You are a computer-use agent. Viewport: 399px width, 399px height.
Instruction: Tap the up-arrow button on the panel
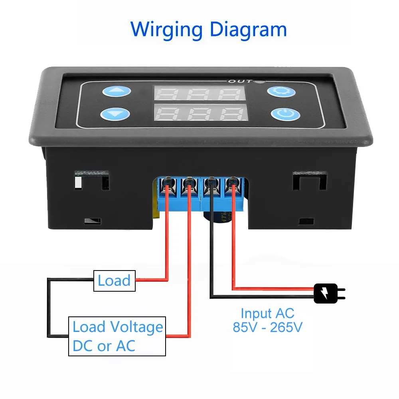(x=116, y=92)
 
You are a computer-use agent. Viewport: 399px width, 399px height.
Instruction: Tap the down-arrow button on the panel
(x=116, y=115)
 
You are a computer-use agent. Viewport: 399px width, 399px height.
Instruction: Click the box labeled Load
(x=115, y=280)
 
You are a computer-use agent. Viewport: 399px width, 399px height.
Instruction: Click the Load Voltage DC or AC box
(x=117, y=336)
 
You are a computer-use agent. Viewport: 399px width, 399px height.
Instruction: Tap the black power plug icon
(x=328, y=294)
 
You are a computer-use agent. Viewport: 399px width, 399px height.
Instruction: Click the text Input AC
(x=267, y=314)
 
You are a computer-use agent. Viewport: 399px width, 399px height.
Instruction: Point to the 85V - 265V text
(x=267, y=328)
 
